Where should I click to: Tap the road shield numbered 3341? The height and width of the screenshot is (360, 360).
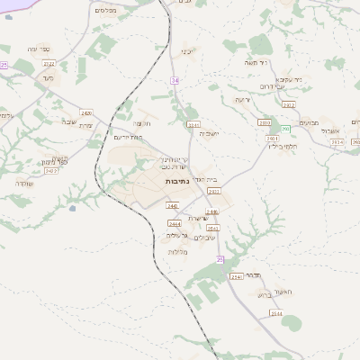[x=193, y=124]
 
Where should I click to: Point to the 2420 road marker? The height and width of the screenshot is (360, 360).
[x=85, y=112]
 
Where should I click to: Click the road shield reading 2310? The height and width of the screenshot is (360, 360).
[x=264, y=122]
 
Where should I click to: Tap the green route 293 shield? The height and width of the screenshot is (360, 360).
[x=286, y=130]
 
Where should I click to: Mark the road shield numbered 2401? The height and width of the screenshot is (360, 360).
[x=272, y=139]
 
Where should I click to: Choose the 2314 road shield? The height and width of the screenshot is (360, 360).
[x=337, y=142]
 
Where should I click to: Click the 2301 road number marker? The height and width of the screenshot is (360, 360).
[x=213, y=191]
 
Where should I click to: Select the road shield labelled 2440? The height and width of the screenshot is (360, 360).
[x=172, y=206]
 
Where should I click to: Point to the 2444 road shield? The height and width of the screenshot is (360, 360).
[x=175, y=223]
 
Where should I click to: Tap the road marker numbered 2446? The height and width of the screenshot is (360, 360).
[x=211, y=212]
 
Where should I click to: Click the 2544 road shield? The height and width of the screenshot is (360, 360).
[x=275, y=313]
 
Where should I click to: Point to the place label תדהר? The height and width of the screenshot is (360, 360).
[x=253, y=276]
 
